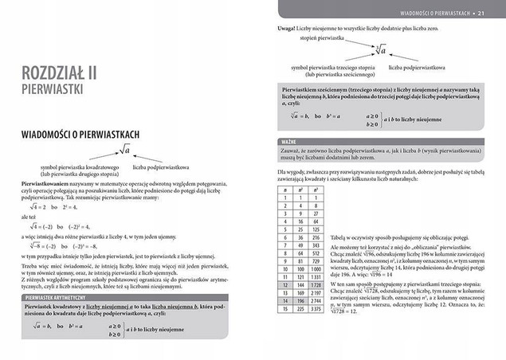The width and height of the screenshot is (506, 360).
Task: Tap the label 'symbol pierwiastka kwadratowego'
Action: (79, 166)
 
